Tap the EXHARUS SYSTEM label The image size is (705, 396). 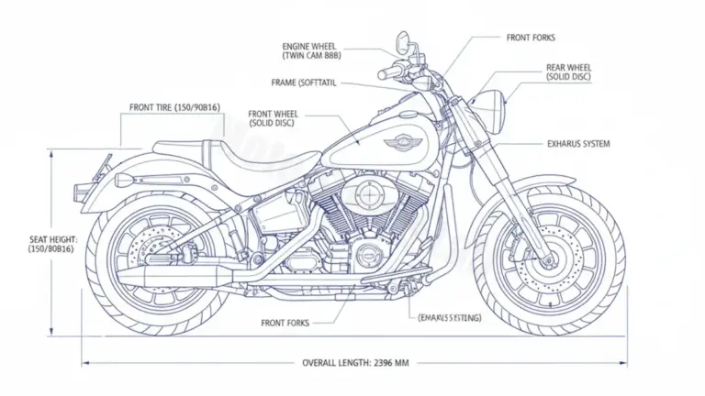(x=578, y=144)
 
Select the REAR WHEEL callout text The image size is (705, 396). (x=569, y=73)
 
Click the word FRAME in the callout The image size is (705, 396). (x=285, y=82)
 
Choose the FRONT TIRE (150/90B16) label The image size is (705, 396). (x=174, y=108)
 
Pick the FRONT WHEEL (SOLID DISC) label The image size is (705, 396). (x=274, y=119)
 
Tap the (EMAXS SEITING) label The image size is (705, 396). (x=451, y=317)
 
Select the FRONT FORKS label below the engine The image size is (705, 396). (x=285, y=323)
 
